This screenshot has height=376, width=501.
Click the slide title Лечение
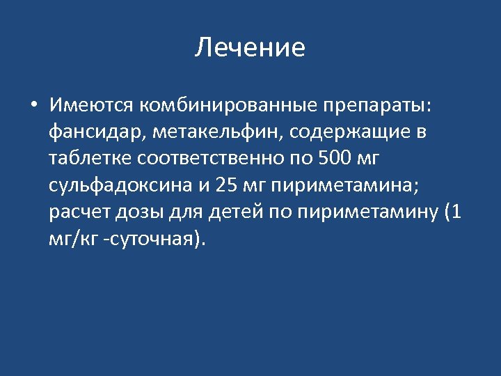point(250,48)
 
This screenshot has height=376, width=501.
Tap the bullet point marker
point(33,106)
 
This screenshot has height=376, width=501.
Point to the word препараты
point(376,106)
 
